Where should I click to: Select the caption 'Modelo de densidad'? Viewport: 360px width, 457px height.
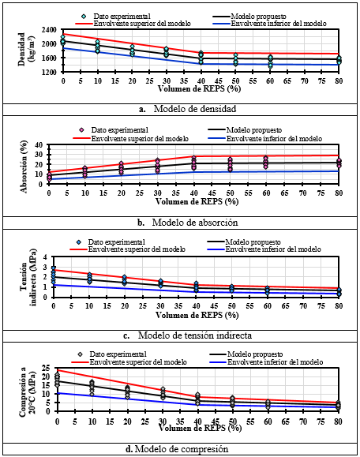coord(195,109)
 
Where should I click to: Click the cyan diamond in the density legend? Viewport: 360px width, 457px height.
coord(84,17)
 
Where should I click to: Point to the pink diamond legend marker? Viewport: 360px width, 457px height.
coord(81,130)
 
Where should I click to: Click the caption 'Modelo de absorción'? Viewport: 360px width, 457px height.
coord(195,223)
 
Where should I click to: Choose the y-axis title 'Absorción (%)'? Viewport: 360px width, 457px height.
coord(24,167)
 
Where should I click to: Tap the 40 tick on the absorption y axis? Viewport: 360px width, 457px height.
coord(39,145)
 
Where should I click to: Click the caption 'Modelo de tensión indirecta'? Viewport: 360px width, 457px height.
coord(195,335)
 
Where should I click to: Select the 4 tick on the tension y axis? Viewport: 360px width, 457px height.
coord(45,257)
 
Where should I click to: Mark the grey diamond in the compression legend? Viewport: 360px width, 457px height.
coord(81,354)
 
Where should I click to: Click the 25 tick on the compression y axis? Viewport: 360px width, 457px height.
coord(47,368)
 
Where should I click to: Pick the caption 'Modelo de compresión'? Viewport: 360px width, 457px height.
coord(182,448)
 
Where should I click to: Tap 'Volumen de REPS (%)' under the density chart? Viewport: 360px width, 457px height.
coord(200,88)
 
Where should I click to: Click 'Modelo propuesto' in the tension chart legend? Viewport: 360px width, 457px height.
coord(253,242)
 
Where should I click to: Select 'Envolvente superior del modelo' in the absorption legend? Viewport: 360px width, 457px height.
coord(140,139)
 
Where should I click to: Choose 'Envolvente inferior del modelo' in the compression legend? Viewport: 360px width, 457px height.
coord(276,362)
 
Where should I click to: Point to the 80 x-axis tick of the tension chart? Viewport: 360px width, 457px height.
coord(339,306)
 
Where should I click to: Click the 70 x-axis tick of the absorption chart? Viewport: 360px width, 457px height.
coord(303,193)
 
